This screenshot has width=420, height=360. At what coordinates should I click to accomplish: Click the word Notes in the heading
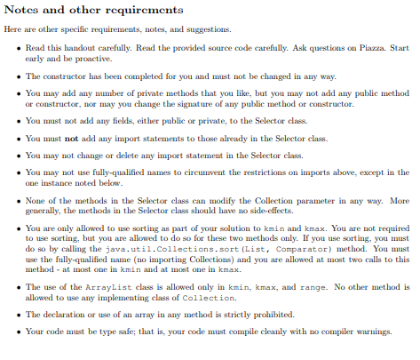click(x=22, y=11)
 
